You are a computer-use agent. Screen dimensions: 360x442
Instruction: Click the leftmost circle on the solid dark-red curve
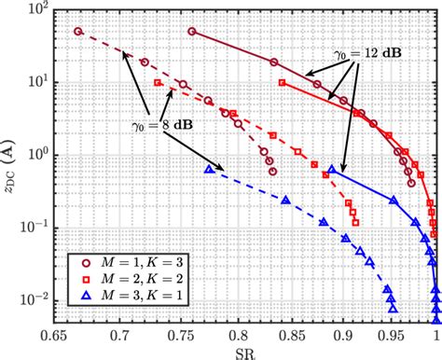[192, 31]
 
